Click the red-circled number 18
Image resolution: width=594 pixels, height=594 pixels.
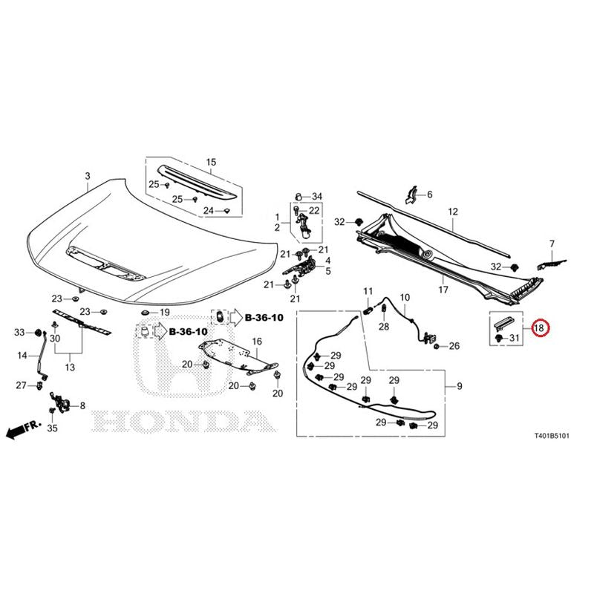tap(538, 328)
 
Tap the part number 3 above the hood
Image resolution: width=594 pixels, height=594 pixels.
tap(88, 176)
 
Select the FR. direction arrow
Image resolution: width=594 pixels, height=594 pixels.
tap(24, 429)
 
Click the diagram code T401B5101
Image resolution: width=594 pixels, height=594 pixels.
tap(552, 436)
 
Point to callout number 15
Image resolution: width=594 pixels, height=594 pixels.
tap(211, 162)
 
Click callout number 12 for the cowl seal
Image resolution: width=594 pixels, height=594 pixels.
tap(453, 212)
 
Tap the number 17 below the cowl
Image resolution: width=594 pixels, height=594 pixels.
tap(443, 290)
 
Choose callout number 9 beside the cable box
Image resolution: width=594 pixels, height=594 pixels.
tap(460, 386)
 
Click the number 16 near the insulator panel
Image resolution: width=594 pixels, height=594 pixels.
tap(257, 342)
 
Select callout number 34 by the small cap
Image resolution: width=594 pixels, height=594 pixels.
tap(317, 196)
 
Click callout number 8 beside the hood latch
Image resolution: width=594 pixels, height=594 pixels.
tap(82, 405)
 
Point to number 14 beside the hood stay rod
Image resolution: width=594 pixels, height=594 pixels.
tap(22, 356)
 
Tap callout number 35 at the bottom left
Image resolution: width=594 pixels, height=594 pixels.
tap(52, 428)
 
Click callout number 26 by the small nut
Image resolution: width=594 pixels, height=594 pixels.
tap(454, 346)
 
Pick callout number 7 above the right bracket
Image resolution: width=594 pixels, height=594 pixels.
tap(552, 244)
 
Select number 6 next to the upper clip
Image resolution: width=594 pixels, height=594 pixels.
tap(430, 195)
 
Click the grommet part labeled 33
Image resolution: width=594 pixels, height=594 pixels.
tap(38, 333)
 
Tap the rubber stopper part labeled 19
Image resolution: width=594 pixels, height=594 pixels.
tap(145, 313)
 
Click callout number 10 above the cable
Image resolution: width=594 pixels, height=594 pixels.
tap(405, 298)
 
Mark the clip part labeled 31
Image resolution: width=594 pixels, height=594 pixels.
tap(499, 337)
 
